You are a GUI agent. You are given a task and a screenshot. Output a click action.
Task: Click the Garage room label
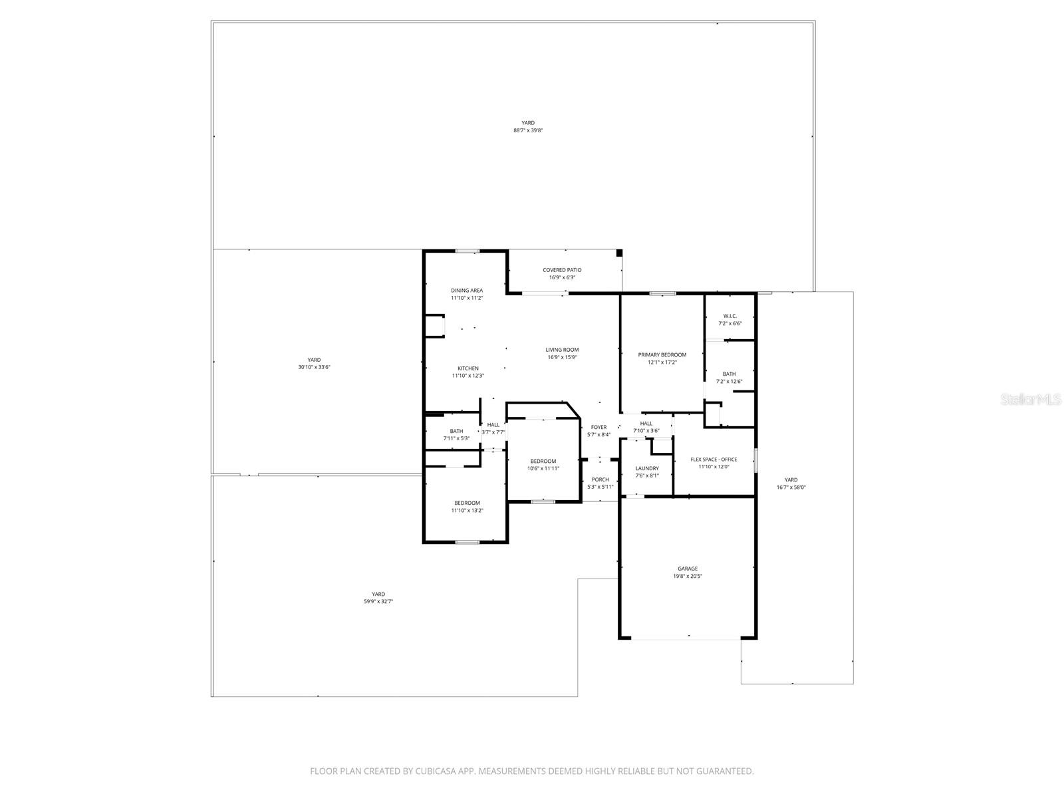688,569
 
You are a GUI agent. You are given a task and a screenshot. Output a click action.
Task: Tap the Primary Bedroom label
662,354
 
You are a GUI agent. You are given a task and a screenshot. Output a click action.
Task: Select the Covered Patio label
562,270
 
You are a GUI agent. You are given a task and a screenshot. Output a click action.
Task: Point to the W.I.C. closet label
730,316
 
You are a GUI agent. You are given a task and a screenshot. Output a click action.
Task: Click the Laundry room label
646,468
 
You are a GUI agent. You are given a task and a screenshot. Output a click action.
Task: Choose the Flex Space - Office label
714,460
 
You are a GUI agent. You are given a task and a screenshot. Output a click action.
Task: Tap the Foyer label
598,427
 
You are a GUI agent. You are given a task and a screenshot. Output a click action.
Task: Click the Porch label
600,479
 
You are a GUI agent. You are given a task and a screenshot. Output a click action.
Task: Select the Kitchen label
467,368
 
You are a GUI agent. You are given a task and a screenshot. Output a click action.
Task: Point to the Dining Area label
467,291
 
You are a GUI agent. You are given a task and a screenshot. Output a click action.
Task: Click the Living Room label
562,350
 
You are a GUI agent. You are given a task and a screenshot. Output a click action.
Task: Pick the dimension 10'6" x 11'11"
543,468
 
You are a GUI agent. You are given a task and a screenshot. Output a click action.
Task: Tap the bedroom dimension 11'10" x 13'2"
467,511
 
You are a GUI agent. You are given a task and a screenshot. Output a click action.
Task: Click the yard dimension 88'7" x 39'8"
528,130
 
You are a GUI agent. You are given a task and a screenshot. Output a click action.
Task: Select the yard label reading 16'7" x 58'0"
791,487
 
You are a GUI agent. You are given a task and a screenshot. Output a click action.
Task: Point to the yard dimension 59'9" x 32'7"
378,601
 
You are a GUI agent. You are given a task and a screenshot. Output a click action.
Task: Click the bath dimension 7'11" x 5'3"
456,438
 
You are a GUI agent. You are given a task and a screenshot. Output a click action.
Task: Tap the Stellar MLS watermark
1030,400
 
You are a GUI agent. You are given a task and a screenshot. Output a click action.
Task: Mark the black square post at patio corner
618,253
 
